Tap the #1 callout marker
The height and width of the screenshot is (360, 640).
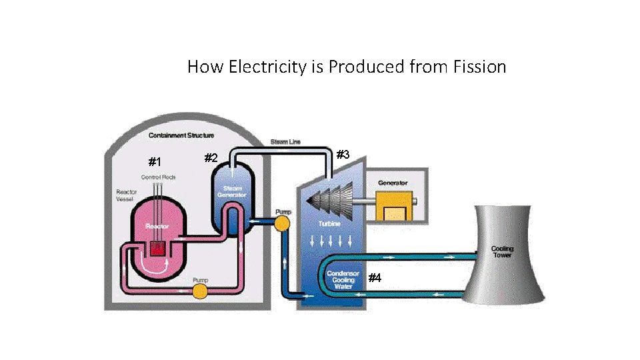pos(155,162)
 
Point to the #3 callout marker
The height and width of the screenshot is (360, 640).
pos(343,155)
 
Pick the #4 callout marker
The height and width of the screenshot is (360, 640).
pos(375,278)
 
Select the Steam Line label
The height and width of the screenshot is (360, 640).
pos(285,142)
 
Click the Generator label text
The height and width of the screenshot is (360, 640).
pos(393,183)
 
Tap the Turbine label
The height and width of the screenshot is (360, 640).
pos(329,224)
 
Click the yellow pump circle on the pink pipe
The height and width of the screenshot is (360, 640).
pos(199,291)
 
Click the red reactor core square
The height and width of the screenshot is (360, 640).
pos(158,248)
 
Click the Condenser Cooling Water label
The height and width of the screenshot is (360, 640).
pos(343,279)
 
